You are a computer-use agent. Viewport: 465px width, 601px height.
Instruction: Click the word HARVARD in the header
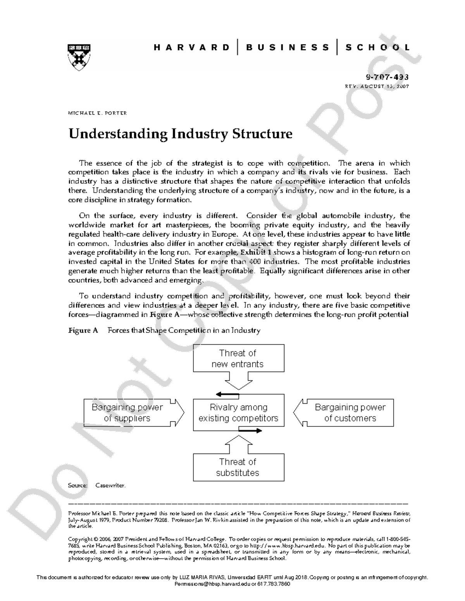tap(191, 48)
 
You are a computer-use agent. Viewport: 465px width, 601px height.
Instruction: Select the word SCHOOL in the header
tap(377, 48)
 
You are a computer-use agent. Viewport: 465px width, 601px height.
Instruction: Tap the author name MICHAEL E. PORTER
tap(97, 113)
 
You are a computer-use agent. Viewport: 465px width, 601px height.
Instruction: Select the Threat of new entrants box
tap(238, 358)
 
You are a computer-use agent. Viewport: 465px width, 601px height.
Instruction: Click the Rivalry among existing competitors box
tap(238, 413)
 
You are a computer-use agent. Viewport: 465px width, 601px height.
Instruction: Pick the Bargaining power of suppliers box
tap(127, 413)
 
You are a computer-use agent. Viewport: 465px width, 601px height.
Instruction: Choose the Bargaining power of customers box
tap(350, 413)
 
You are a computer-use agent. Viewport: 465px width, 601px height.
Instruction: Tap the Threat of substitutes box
tap(238, 467)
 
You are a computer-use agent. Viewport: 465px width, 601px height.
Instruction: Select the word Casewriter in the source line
tap(110, 485)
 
